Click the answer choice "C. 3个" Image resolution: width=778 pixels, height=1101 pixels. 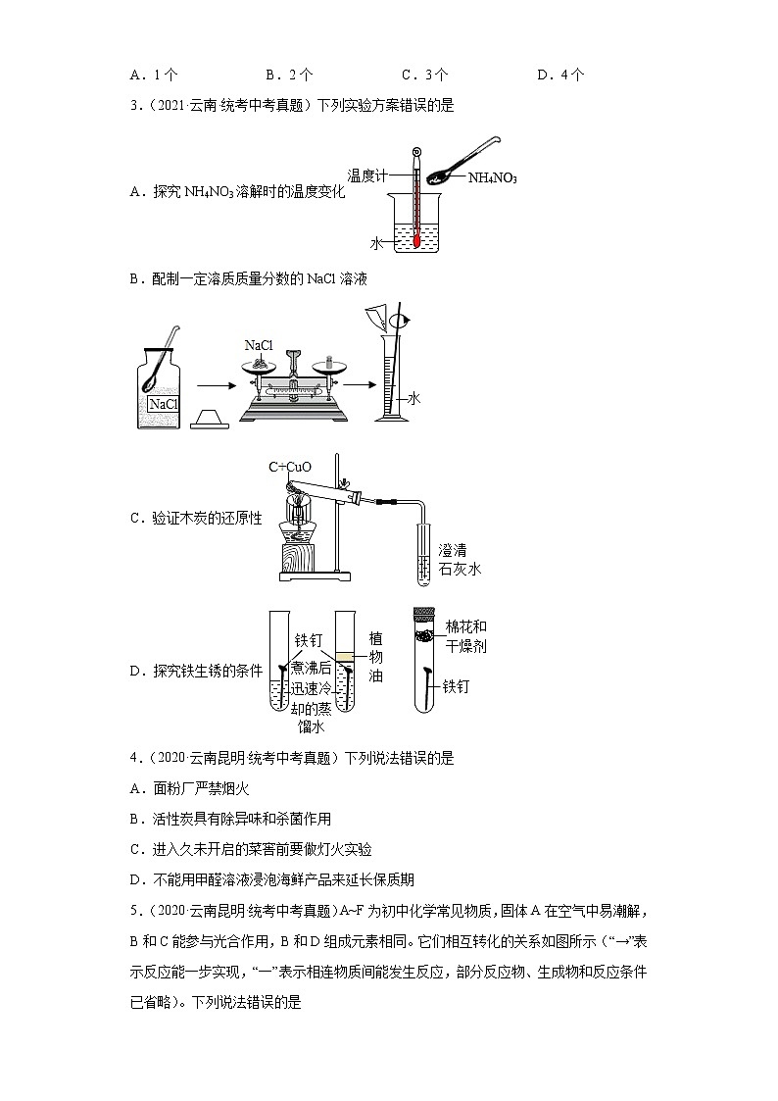coord(424,75)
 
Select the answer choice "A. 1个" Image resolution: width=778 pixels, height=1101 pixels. coord(153,75)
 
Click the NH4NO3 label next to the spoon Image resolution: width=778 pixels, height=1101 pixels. coord(492,178)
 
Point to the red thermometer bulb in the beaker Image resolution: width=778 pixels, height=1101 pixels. coord(417,238)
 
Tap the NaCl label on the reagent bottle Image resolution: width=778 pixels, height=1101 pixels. coord(163,404)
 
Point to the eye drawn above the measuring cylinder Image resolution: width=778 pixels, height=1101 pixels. coord(401,321)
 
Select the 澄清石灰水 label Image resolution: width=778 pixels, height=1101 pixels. coord(460,559)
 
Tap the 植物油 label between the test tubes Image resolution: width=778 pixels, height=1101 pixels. coord(375,657)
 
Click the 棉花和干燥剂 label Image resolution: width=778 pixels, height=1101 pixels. coord(465,636)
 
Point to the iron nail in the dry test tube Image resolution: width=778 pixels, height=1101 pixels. coord(428,681)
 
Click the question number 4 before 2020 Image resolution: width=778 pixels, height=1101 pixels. coord(134,758)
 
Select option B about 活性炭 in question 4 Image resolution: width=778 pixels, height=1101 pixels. coord(230,819)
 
